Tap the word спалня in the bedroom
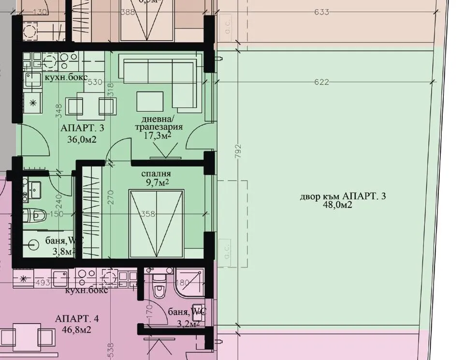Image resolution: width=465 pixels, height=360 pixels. click(156, 174)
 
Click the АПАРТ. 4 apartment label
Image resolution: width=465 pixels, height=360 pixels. click(77, 318)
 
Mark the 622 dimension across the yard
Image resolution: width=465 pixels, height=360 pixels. click(321, 82)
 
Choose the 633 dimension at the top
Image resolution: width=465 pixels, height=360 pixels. click(321, 12)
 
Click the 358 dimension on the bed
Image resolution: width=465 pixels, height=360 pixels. click(149, 214)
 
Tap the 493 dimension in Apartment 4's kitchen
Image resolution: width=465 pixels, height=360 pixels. click(43, 283)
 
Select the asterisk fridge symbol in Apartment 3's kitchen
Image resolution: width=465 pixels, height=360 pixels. click(33, 103)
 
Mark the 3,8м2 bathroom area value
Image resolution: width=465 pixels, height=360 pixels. click(61, 251)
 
